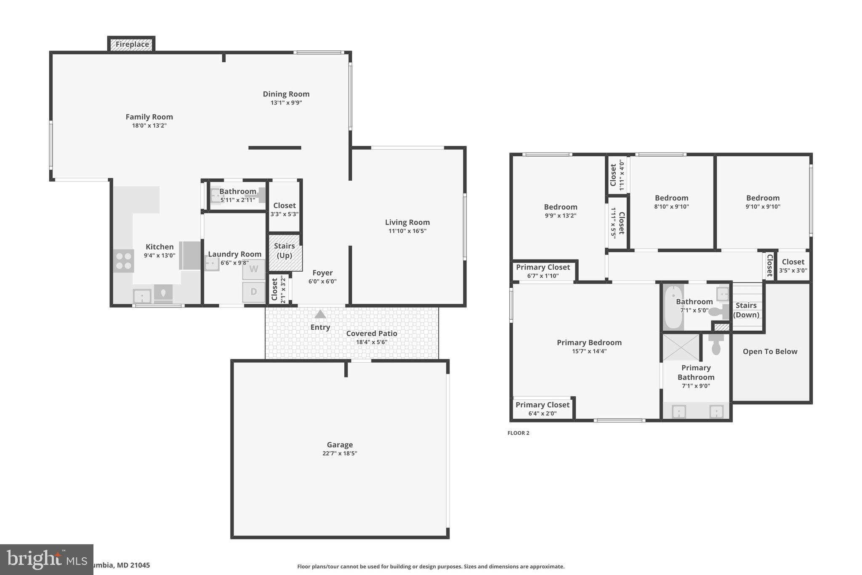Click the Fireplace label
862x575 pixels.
(x=132, y=44)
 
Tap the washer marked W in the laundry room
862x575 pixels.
(x=254, y=269)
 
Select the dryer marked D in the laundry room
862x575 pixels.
(x=254, y=292)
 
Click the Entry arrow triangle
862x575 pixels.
(x=320, y=314)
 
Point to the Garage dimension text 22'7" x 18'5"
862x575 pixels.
(x=340, y=453)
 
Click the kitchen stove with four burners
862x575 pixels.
(x=124, y=261)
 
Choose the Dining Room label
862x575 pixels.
(x=286, y=94)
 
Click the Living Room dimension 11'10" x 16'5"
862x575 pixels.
(x=407, y=231)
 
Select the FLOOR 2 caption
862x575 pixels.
(x=518, y=433)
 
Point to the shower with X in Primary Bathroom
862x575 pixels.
(x=681, y=348)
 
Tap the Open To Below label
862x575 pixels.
(x=770, y=351)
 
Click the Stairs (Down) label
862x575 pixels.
(x=746, y=310)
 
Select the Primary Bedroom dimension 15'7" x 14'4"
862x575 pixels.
(x=589, y=351)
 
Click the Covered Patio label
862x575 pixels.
(x=372, y=333)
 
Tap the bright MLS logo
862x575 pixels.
(x=46, y=559)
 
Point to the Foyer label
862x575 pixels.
(x=322, y=273)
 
